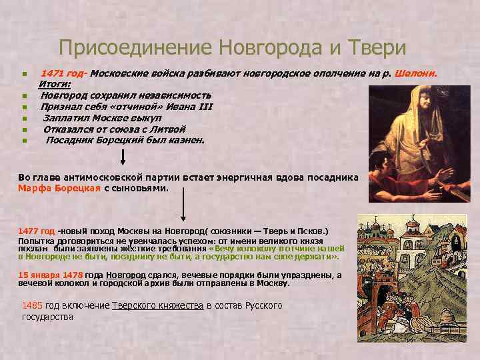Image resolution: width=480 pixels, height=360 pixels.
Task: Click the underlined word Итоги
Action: coord(59,84)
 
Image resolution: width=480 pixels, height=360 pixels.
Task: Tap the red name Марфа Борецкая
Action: coord(59,188)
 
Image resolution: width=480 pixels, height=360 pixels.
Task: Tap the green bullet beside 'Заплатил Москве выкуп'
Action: coord(24,119)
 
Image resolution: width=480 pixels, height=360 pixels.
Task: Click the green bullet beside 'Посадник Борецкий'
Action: coord(24,141)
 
